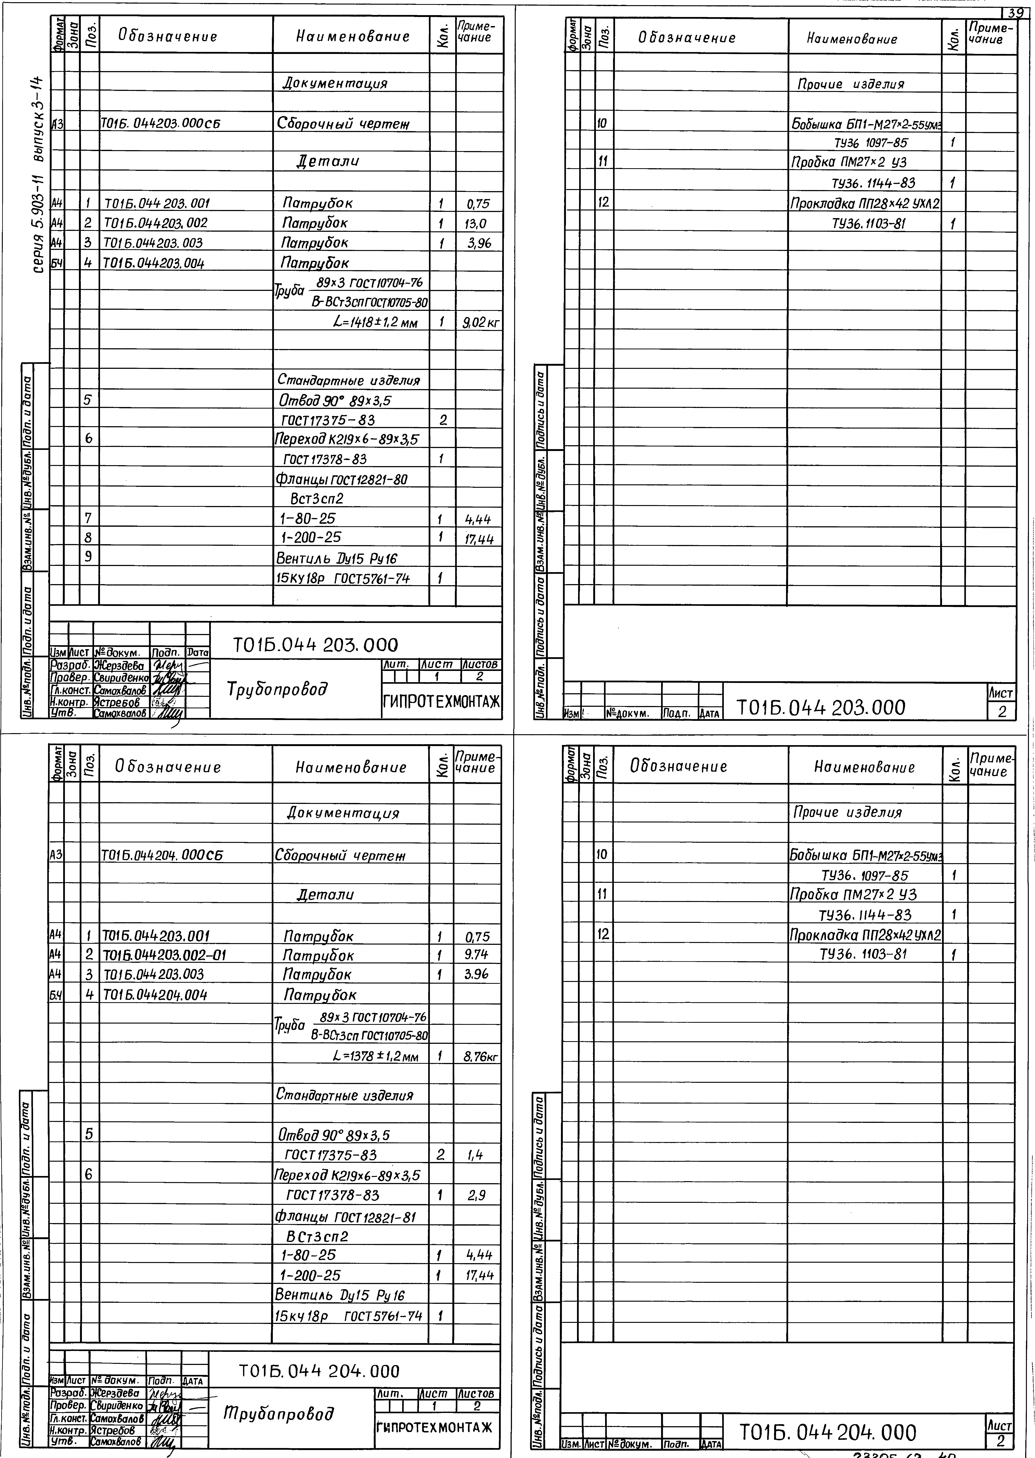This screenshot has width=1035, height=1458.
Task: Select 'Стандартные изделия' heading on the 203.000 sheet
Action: point(349,380)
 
